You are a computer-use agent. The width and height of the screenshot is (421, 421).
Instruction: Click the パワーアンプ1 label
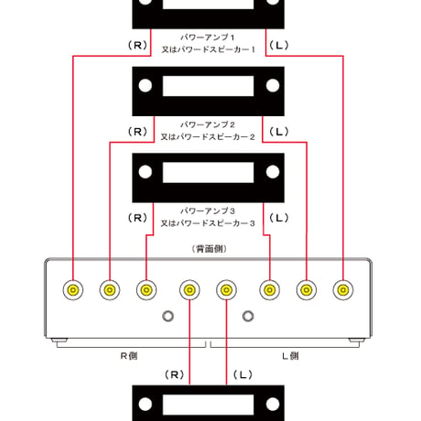[x=208, y=38]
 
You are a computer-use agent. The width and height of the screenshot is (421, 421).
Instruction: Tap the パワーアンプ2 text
[x=208, y=124]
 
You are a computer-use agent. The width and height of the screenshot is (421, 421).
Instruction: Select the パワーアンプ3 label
[x=208, y=210]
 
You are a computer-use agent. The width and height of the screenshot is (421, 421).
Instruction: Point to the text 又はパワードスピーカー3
[x=208, y=223]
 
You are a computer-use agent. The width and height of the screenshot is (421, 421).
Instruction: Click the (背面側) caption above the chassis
[x=210, y=249]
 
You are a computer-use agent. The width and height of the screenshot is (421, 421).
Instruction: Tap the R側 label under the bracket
[x=129, y=356]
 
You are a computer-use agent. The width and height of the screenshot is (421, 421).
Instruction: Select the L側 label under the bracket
[x=290, y=356]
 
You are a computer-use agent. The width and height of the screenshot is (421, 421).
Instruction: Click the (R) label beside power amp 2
[x=137, y=132]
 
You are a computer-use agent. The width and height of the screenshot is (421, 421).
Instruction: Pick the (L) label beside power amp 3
[x=279, y=218]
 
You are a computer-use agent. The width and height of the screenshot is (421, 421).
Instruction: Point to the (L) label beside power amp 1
[x=279, y=46]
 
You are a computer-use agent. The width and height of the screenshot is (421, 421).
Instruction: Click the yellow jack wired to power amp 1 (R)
[x=73, y=290]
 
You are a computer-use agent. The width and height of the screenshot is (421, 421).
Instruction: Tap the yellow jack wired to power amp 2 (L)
[x=307, y=290]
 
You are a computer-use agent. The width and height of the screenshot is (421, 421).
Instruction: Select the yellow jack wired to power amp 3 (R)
[x=146, y=290]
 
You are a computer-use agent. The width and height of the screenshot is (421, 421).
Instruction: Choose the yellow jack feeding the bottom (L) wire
[x=226, y=290]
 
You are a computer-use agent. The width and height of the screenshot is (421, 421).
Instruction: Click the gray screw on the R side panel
[x=167, y=316]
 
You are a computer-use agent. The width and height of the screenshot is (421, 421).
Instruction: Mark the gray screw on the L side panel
[x=248, y=316]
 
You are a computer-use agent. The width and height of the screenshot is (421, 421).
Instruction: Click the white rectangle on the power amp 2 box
[x=208, y=86]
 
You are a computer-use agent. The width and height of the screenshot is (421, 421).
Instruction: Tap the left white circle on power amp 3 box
[x=146, y=172]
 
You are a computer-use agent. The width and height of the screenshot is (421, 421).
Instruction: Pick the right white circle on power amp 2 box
[x=273, y=85]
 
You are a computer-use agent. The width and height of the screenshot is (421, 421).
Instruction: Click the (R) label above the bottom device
[x=174, y=374]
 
